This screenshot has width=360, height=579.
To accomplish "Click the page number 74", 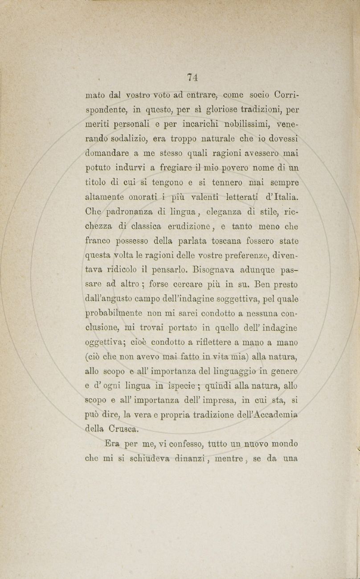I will click(x=192, y=77).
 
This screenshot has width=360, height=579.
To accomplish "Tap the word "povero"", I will click(x=228, y=168).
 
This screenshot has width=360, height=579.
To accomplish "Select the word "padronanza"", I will click(x=129, y=212).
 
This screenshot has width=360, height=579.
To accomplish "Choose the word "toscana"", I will click(x=225, y=241).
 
